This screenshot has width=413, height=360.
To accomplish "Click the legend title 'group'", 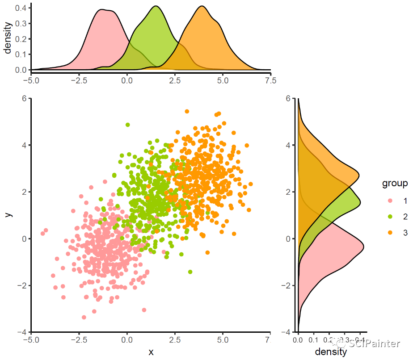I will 394,184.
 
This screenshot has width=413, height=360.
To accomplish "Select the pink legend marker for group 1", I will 390,201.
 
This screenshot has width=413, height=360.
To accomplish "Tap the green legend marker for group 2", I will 390,217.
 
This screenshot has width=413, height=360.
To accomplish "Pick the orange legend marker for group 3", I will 390,232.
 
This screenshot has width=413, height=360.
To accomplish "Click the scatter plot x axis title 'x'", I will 151,352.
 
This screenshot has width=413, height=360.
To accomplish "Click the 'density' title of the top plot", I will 8,39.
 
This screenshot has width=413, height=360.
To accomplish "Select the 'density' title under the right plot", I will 331,352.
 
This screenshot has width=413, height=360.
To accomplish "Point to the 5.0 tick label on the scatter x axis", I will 223,339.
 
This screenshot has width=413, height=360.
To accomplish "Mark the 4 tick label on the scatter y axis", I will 25,145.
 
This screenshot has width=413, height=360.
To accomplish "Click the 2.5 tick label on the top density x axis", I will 175,81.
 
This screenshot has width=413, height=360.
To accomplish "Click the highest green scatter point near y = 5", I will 128,125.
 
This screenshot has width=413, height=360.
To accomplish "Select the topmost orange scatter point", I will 187,111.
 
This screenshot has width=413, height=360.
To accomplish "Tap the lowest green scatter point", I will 190,272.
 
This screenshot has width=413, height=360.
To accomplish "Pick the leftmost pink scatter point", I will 43,233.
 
